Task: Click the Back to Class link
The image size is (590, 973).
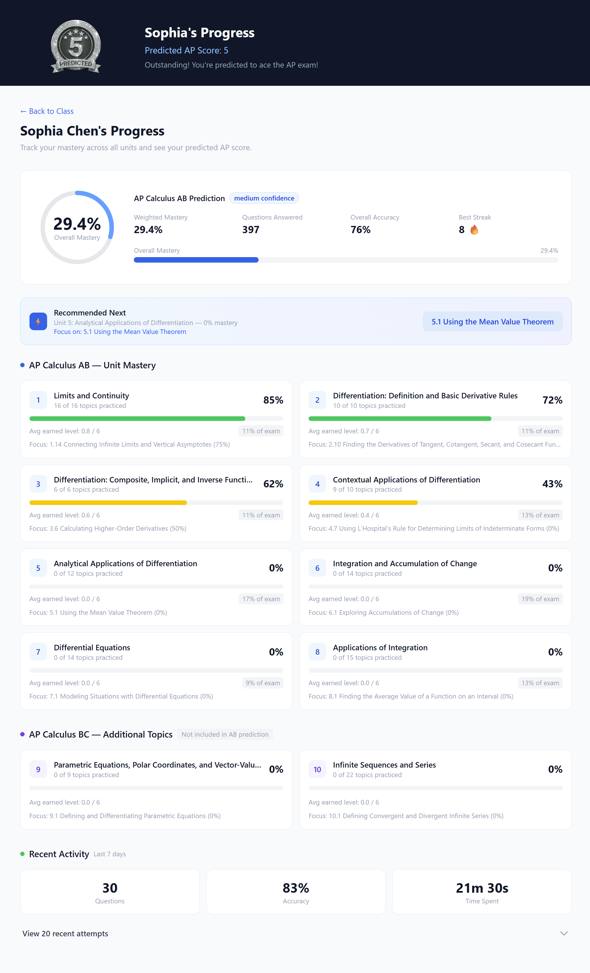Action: (47, 111)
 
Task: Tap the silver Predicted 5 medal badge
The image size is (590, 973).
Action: (76, 47)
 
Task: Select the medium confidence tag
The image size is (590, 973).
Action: (264, 198)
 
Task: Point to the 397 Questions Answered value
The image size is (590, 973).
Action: (251, 230)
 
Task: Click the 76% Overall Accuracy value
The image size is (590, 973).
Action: (360, 230)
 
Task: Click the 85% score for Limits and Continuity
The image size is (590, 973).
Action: (273, 400)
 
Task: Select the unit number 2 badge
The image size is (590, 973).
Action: (317, 400)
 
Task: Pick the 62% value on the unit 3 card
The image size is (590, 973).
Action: (273, 484)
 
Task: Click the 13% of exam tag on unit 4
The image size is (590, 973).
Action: (540, 515)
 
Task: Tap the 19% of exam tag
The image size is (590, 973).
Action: (540, 599)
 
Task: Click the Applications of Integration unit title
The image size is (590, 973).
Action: (380, 648)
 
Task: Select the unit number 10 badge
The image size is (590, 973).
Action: (317, 769)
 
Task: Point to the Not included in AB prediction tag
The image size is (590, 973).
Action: (225, 734)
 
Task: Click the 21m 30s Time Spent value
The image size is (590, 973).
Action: (482, 888)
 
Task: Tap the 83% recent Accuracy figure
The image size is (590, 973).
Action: (296, 888)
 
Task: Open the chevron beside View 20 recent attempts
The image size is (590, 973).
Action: (563, 933)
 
